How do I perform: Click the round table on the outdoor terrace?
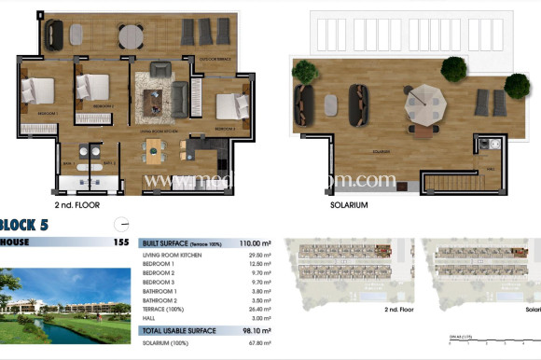(x=132, y=35)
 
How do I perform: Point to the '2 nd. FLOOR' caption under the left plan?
(x=76, y=204)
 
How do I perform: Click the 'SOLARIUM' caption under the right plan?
(x=349, y=204)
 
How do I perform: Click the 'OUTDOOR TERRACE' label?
(x=214, y=59)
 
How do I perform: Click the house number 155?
(x=120, y=242)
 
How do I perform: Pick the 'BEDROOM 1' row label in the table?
(x=160, y=263)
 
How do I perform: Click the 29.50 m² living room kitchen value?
(x=259, y=255)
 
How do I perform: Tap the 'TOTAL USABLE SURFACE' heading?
(x=178, y=330)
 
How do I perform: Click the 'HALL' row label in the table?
(x=149, y=318)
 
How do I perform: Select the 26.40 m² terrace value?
(x=259, y=310)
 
